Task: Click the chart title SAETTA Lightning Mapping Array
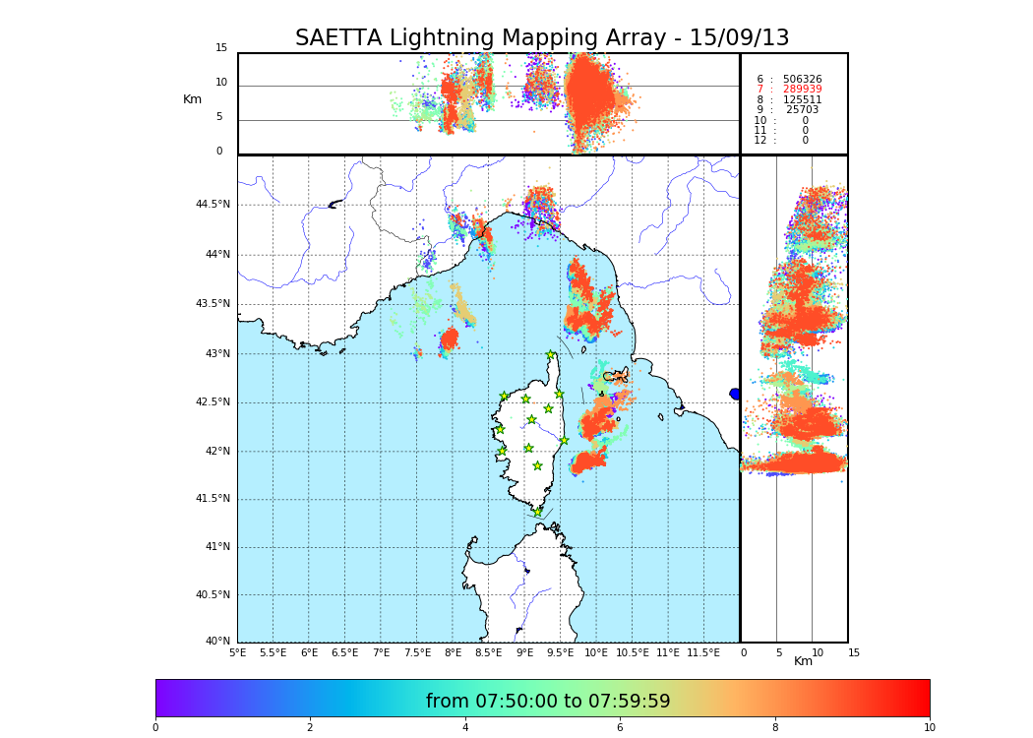pyautogui.click(x=542, y=38)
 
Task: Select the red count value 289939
pyautogui.click(x=802, y=90)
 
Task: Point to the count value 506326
pyautogui.click(x=802, y=80)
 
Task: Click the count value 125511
pyautogui.click(x=802, y=100)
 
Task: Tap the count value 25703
pyautogui.click(x=802, y=110)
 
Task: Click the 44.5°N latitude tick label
pyautogui.click(x=213, y=205)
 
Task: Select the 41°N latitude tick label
pyautogui.click(x=215, y=547)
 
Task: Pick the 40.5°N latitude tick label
pyautogui.click(x=213, y=595)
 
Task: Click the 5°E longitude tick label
pyautogui.click(x=238, y=652)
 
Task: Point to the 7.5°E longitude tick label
pyautogui.click(x=417, y=652)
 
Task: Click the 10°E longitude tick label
pyautogui.click(x=596, y=652)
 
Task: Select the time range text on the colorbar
pyautogui.click(x=548, y=702)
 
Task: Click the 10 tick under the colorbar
pyautogui.click(x=929, y=727)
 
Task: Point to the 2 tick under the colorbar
pyautogui.click(x=310, y=727)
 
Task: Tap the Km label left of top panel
pyautogui.click(x=192, y=99)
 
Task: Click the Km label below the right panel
pyautogui.click(x=803, y=661)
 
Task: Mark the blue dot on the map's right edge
pyautogui.click(x=735, y=394)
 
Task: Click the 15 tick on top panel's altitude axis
pyautogui.click(x=221, y=48)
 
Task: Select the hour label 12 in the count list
pyautogui.click(x=760, y=141)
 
